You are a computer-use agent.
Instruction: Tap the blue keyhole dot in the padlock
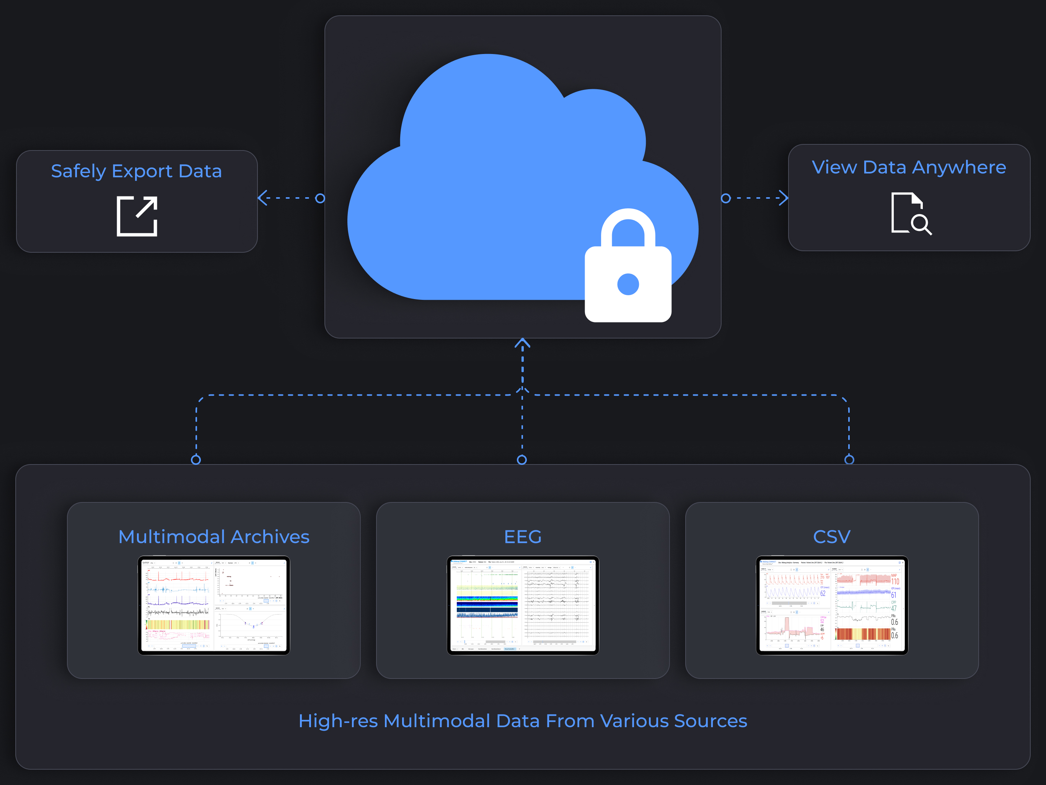pyautogui.click(x=628, y=284)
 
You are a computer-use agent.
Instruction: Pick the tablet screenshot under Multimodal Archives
pyautogui.click(x=214, y=605)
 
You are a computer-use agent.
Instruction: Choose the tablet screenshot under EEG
pyautogui.click(x=523, y=605)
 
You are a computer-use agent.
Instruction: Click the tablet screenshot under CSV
pyautogui.click(x=832, y=605)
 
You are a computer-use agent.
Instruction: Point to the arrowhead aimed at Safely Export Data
pyautogui.click(x=262, y=198)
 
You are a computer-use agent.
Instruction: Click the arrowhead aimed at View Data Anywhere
pyautogui.click(x=784, y=198)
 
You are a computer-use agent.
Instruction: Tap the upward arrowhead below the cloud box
pyautogui.click(x=522, y=343)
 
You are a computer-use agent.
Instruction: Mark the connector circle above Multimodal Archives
pyautogui.click(x=196, y=460)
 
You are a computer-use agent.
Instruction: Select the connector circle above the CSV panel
pyautogui.click(x=849, y=460)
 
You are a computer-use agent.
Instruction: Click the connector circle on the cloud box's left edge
pyautogui.click(x=320, y=198)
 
